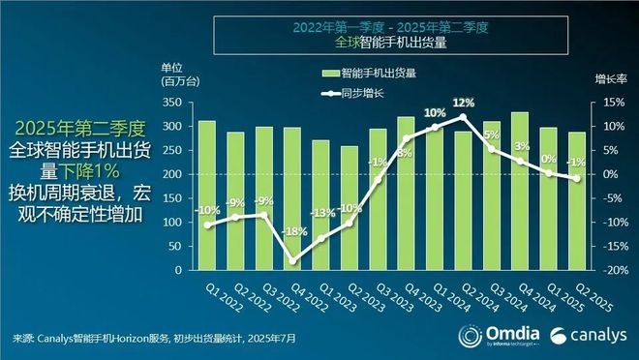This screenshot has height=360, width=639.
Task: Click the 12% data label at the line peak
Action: click(x=462, y=103)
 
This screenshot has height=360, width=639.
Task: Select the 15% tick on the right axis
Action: click(x=613, y=103)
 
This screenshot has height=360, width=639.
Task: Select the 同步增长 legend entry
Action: click(x=364, y=93)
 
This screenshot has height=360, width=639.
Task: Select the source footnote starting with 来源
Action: click(x=155, y=339)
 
